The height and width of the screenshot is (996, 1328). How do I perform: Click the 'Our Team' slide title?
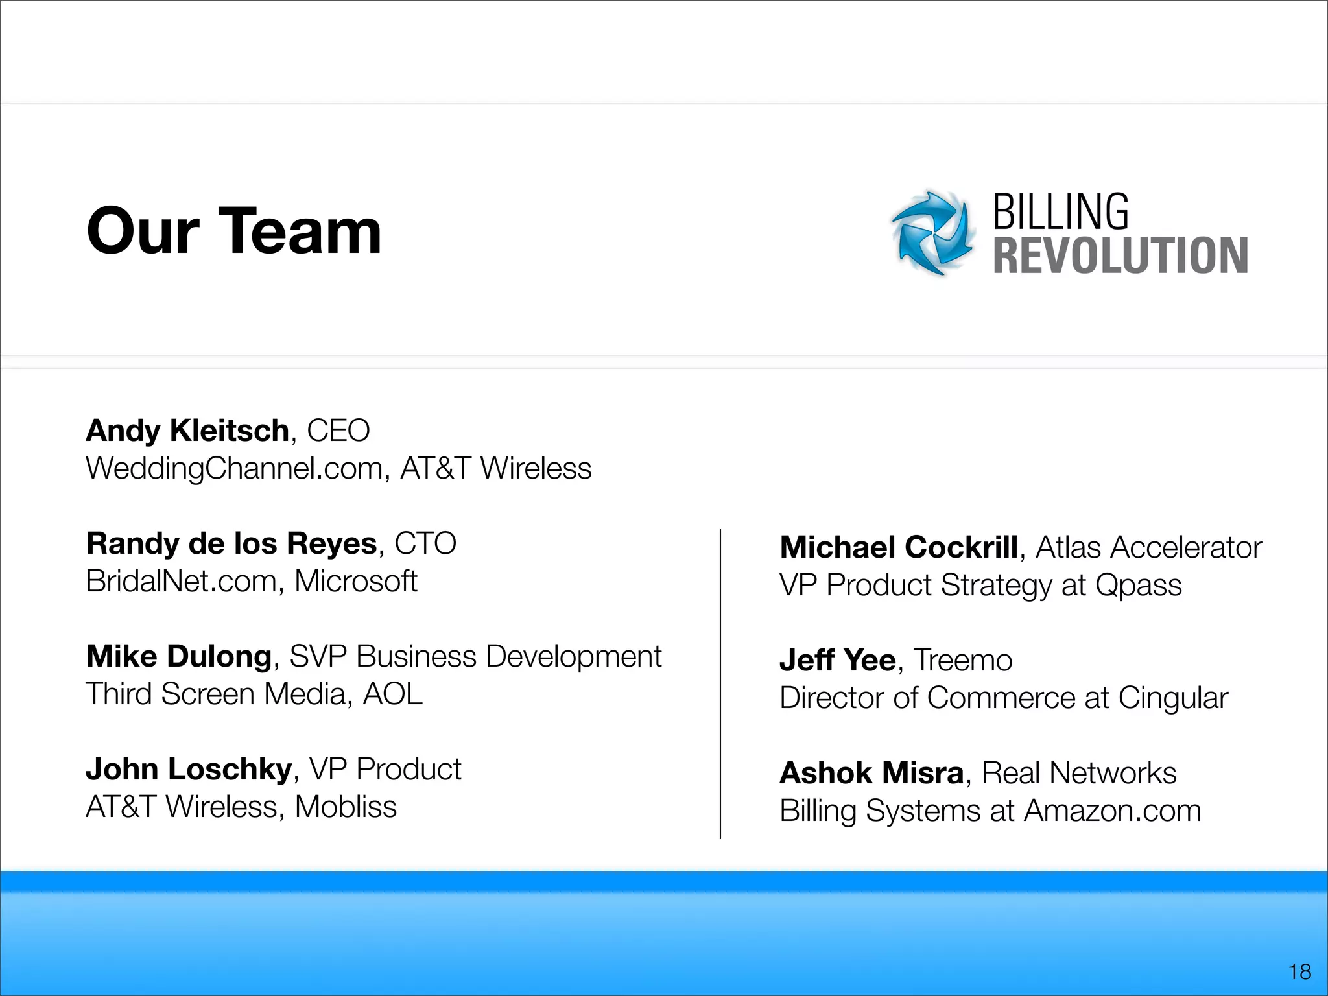(x=234, y=231)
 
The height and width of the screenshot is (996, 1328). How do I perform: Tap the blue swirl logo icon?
(x=932, y=233)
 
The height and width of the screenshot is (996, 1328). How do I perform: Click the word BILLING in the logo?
(x=1061, y=212)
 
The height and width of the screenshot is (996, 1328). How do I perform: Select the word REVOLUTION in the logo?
(x=1120, y=255)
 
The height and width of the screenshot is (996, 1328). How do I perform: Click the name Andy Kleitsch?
(x=187, y=431)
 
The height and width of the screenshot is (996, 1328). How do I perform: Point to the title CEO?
(x=338, y=431)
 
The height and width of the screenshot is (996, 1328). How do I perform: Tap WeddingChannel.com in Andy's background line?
(x=233, y=468)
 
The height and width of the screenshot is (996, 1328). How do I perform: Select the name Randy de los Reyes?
(x=231, y=543)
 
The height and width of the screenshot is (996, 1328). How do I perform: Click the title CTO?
(x=425, y=543)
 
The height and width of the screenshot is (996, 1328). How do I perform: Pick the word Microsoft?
(x=355, y=581)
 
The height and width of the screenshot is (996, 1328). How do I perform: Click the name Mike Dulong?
(x=178, y=656)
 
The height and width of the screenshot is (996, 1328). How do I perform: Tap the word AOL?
(x=392, y=694)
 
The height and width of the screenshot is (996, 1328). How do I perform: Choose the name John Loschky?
(x=189, y=769)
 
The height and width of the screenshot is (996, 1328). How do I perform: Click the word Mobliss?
(x=345, y=807)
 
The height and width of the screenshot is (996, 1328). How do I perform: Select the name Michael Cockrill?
(x=899, y=547)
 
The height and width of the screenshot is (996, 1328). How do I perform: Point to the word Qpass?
(x=1138, y=586)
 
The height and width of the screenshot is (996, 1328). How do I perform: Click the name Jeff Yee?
(x=837, y=660)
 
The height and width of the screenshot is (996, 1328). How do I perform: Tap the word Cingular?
(x=1172, y=698)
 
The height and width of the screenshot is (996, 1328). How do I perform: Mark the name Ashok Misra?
(x=871, y=773)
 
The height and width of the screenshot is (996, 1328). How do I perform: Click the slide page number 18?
(x=1299, y=971)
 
